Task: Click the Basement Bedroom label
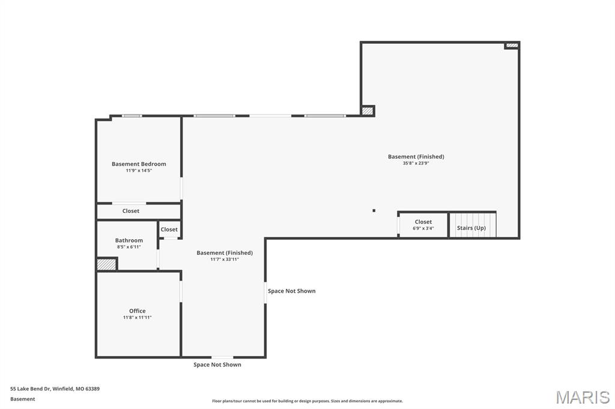click(x=139, y=164)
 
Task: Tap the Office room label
click(x=137, y=311)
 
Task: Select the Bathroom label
click(x=129, y=240)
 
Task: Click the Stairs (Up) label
click(x=471, y=228)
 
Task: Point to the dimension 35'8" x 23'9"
click(x=416, y=163)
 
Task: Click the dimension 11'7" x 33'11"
click(x=225, y=259)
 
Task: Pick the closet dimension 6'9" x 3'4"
click(x=423, y=228)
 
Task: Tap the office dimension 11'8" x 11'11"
click(x=137, y=317)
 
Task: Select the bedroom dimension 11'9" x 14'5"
click(x=139, y=170)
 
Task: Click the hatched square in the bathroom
click(x=106, y=264)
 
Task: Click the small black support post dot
click(x=374, y=210)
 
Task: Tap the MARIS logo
click(x=582, y=397)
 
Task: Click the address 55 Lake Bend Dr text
click(x=55, y=389)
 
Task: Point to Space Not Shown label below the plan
click(x=217, y=365)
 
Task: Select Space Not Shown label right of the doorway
click(x=291, y=291)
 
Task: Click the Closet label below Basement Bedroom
click(x=131, y=211)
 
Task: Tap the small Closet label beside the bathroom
click(x=169, y=229)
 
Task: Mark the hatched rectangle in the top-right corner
click(x=512, y=45)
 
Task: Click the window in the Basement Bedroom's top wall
click(x=132, y=116)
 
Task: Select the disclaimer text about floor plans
click(x=307, y=401)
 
